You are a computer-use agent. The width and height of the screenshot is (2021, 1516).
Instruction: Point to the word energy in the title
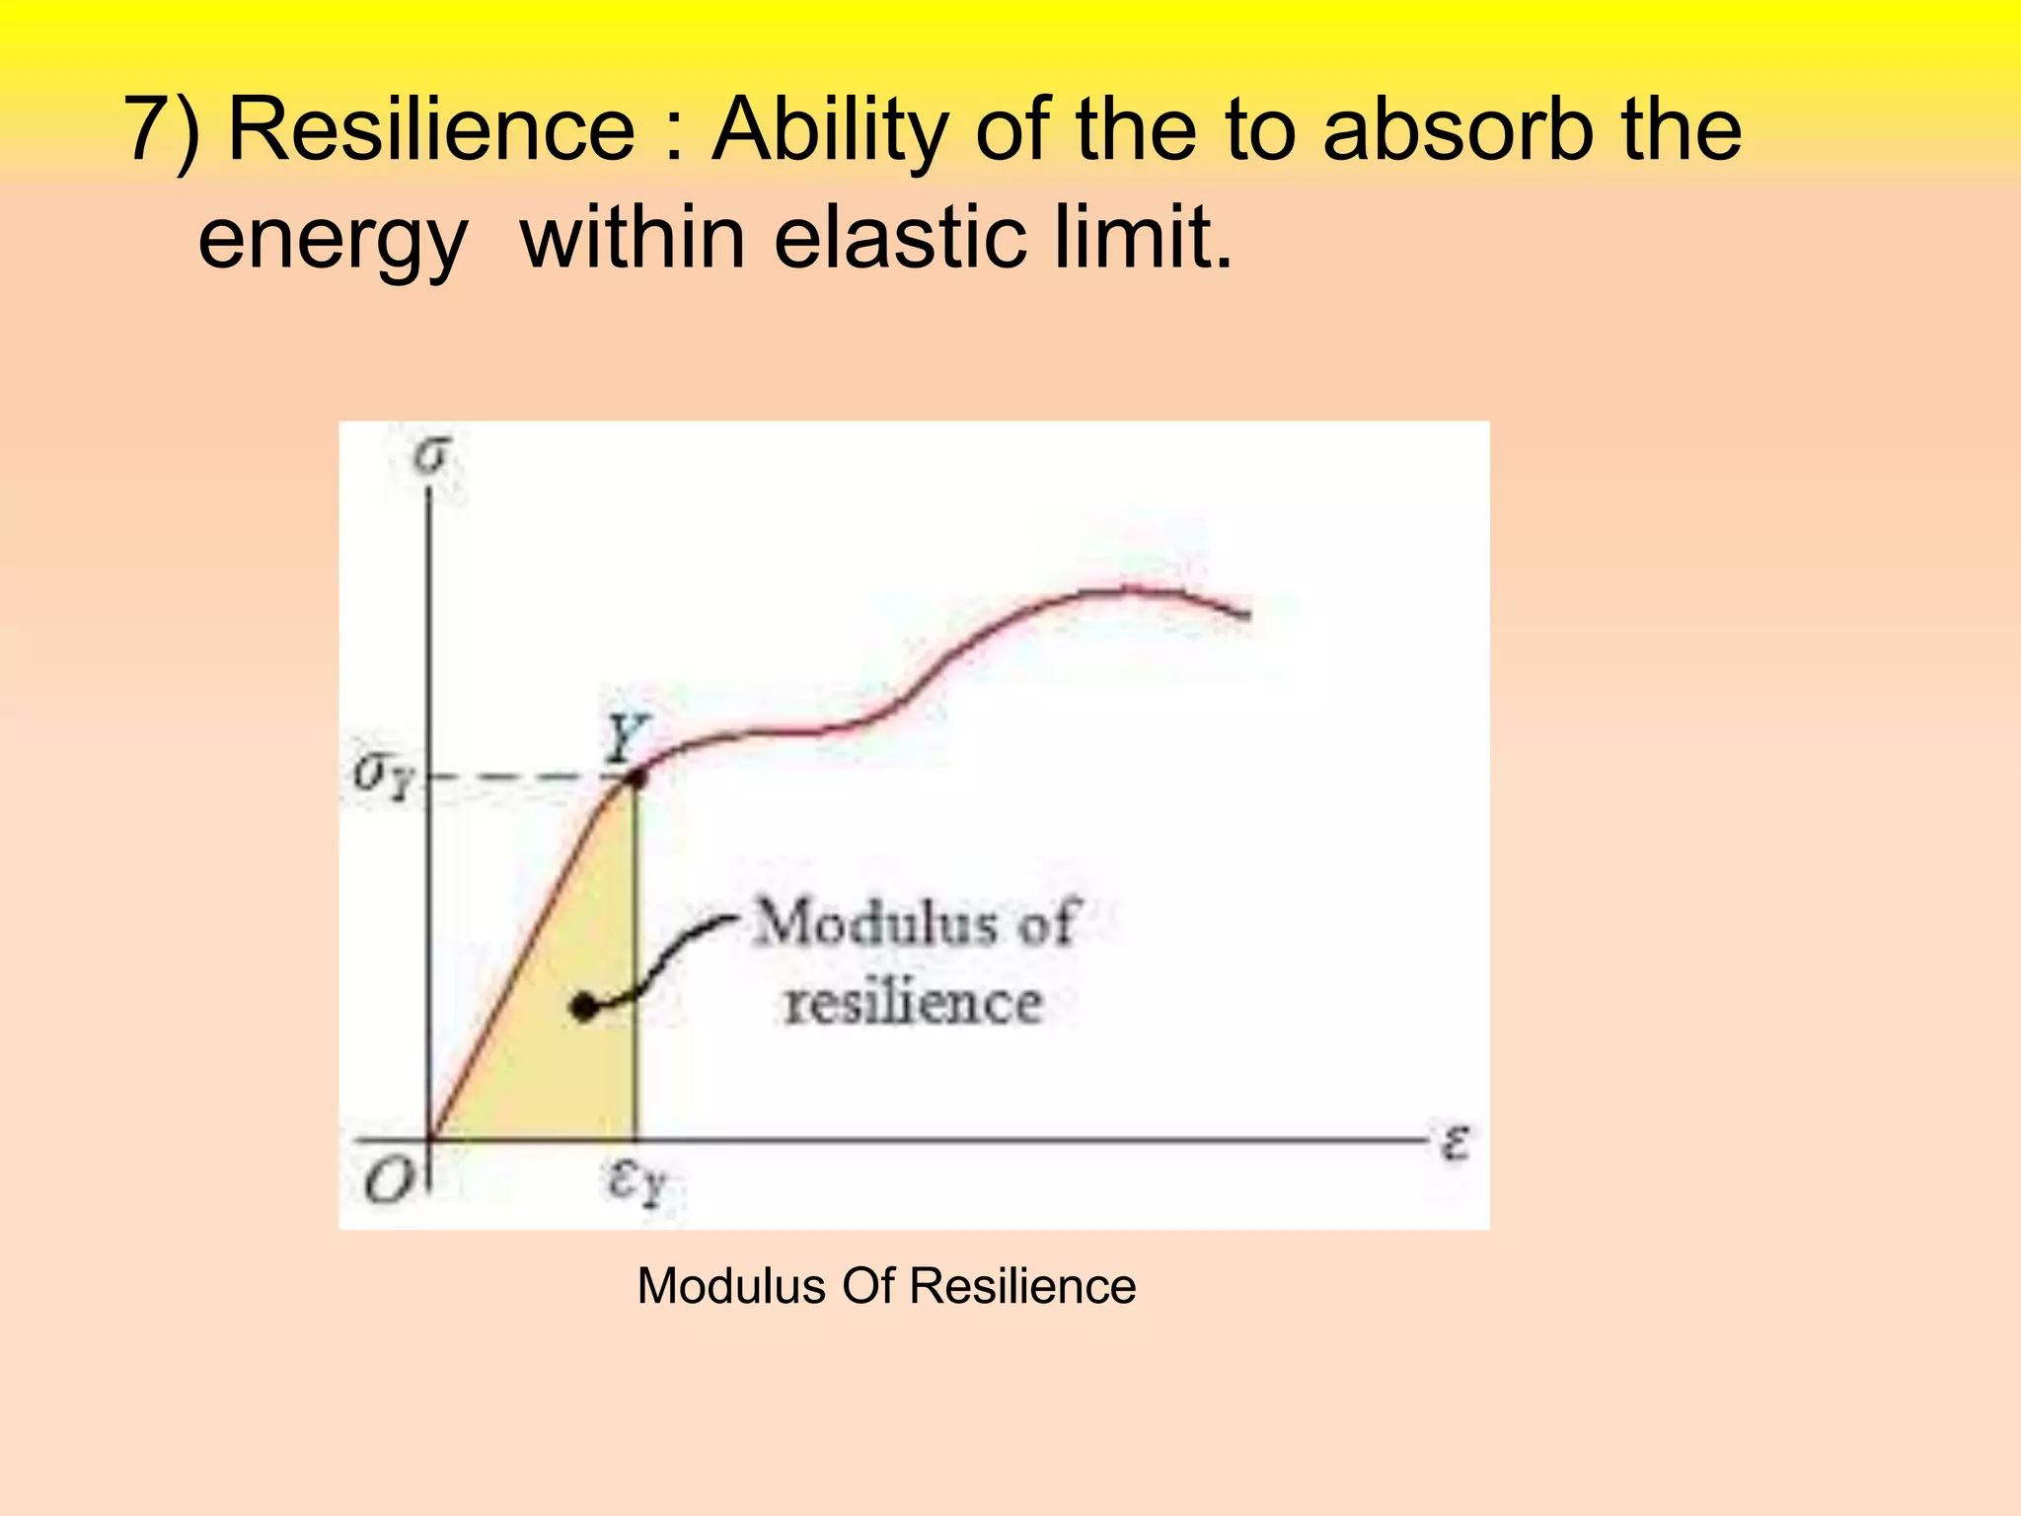333,240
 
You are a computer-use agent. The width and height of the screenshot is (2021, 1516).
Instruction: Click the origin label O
388,1179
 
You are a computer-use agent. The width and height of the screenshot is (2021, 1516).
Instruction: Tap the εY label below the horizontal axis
637,1181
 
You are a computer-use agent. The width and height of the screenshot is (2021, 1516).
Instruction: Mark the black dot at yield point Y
637,779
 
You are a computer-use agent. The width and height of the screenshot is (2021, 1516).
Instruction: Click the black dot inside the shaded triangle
585,1008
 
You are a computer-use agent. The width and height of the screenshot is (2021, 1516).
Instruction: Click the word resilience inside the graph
913,1003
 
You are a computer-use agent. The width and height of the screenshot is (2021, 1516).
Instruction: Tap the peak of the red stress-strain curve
1125,590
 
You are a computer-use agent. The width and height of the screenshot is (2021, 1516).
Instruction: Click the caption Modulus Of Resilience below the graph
886,1286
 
